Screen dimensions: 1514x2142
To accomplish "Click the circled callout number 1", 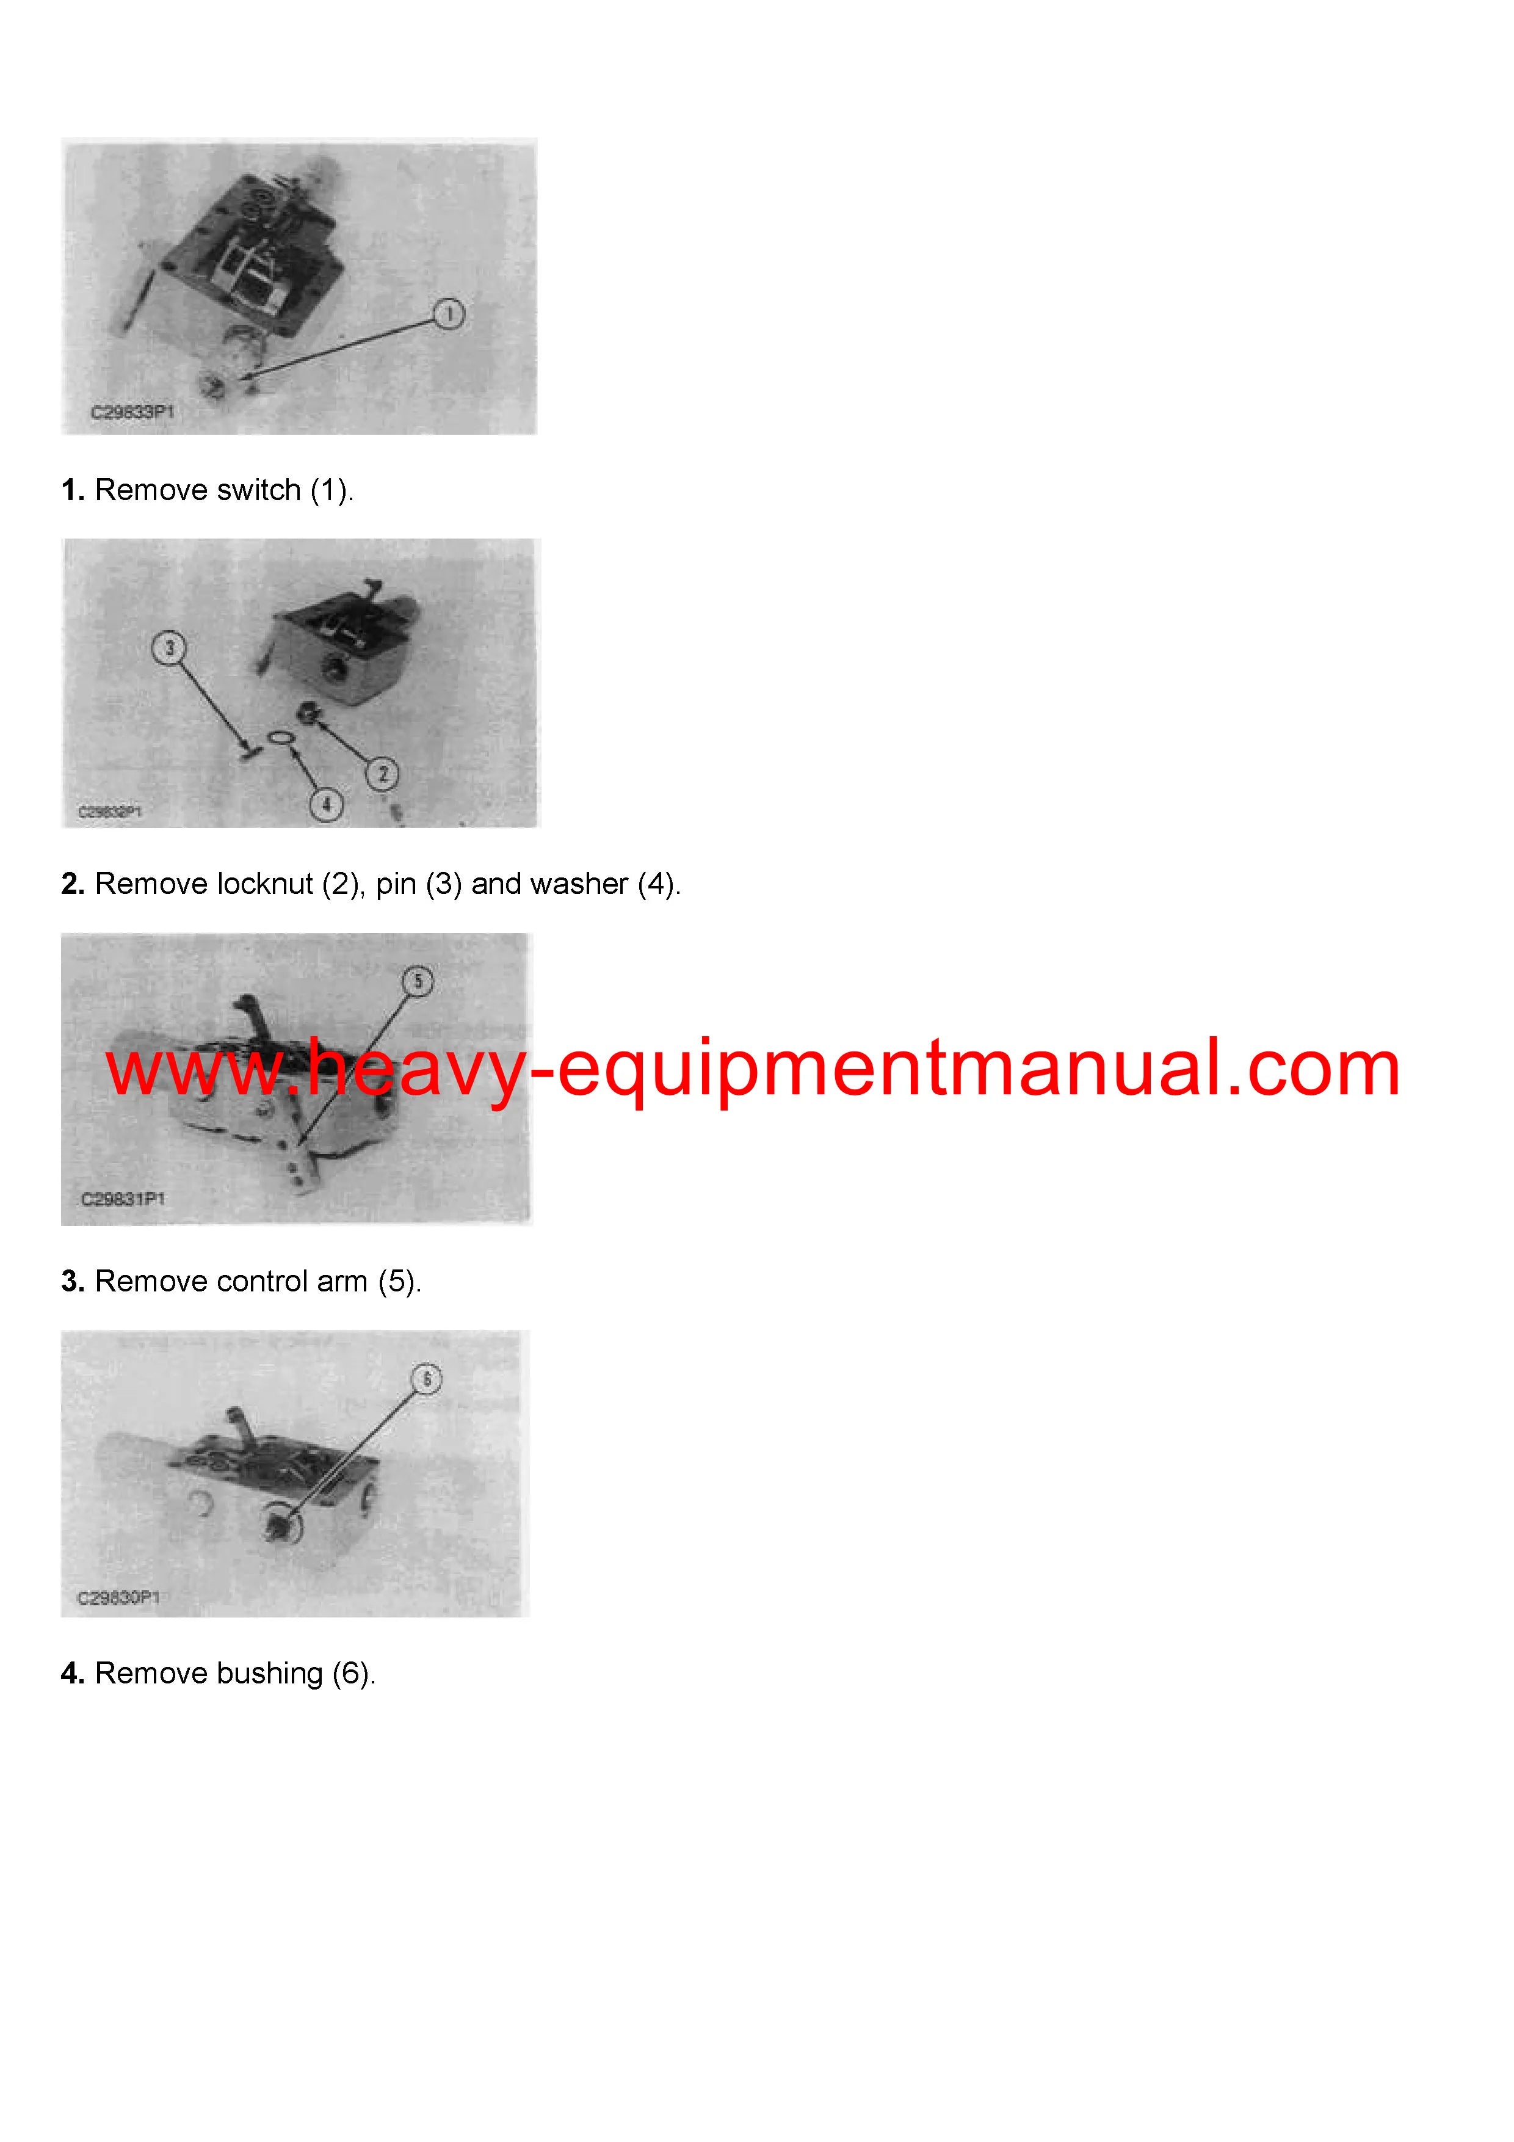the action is click(449, 314).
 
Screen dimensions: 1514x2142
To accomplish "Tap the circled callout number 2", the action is click(382, 774).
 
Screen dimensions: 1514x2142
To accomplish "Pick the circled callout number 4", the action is click(325, 804).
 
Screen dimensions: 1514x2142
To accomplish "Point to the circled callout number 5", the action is click(418, 981).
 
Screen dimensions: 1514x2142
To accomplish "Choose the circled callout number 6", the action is click(427, 1379).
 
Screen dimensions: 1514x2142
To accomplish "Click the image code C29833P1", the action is click(132, 412).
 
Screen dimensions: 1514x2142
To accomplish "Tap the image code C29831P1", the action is click(123, 1199).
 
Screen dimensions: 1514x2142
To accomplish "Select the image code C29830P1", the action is click(118, 1598).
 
